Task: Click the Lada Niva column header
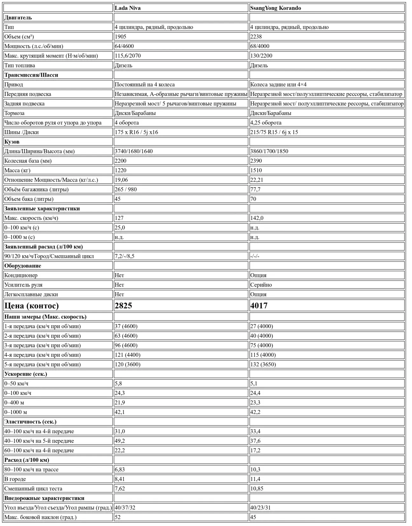(x=128, y=8)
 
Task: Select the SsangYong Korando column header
(x=275, y=8)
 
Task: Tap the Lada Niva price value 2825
(x=123, y=306)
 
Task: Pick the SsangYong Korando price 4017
(x=259, y=306)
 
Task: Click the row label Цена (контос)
(x=31, y=306)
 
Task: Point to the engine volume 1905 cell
(x=120, y=37)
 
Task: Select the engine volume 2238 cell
(x=256, y=37)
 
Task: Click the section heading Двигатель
(x=18, y=17)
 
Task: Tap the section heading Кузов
(x=12, y=142)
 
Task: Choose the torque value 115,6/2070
(x=127, y=56)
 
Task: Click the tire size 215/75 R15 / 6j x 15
(x=274, y=132)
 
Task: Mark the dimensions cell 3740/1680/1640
(x=134, y=151)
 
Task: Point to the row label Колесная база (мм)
(x=28, y=161)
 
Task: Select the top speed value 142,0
(x=257, y=218)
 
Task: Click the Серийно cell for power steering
(x=261, y=285)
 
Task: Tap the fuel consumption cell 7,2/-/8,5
(x=125, y=256)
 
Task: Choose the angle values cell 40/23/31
(x=260, y=508)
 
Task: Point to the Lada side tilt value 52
(x=118, y=517)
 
